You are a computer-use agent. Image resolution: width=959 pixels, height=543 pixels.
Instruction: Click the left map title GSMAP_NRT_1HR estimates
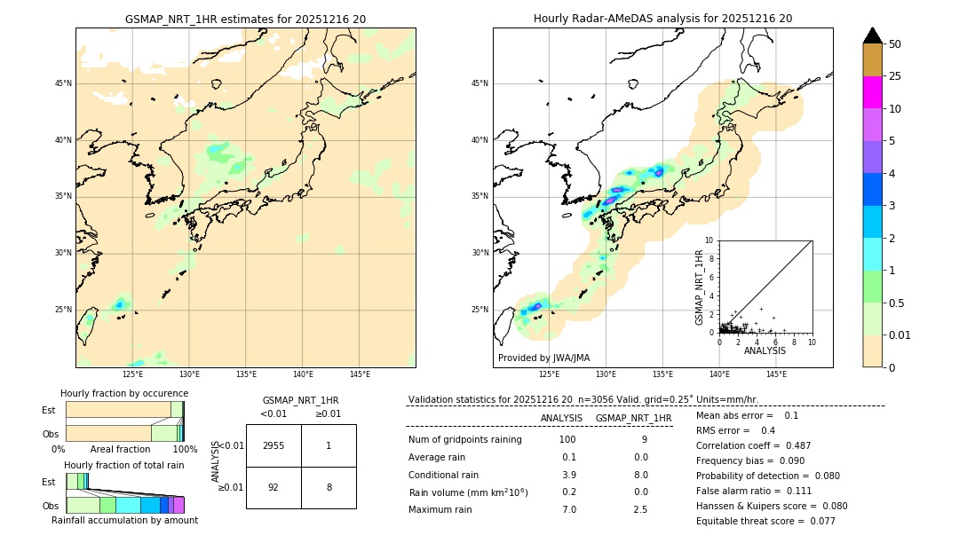coord(245,19)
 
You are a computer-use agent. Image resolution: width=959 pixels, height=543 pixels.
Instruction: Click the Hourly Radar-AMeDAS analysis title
coord(662,19)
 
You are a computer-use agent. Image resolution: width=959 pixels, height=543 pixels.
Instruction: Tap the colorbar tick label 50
coord(895,44)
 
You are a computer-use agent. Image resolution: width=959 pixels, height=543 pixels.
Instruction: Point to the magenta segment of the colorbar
coord(873,92)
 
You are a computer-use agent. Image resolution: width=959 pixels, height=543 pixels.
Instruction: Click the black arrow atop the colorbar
coord(873,35)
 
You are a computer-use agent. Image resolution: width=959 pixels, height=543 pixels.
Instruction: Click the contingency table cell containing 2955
coord(273,445)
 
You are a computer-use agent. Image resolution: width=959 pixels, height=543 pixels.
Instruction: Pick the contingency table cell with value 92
coord(273,487)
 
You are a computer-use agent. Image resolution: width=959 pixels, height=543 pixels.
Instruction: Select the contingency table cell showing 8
coord(329,487)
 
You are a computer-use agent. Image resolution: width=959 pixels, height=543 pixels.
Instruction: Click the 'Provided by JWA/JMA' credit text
coord(543,358)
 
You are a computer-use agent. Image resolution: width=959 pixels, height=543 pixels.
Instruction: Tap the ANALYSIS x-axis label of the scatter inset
coord(765,350)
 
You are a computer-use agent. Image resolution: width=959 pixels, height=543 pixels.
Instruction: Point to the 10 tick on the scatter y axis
coord(709,240)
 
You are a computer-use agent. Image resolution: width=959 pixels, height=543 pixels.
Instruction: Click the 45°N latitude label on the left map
coord(63,83)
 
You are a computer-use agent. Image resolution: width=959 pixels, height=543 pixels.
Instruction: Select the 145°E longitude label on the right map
coord(776,374)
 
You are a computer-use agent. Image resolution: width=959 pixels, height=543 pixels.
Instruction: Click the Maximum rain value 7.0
coord(568,509)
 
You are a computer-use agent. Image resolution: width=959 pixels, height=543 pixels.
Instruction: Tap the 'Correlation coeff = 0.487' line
coord(753,445)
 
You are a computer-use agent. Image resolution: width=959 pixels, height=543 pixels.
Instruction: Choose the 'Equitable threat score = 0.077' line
coord(765,521)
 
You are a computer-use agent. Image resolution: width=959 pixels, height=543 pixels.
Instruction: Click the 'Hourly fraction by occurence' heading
coord(124,393)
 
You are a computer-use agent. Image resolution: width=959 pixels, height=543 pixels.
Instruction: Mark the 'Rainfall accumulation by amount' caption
coord(124,520)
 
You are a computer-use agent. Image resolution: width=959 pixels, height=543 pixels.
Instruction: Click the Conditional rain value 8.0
coord(640,475)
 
